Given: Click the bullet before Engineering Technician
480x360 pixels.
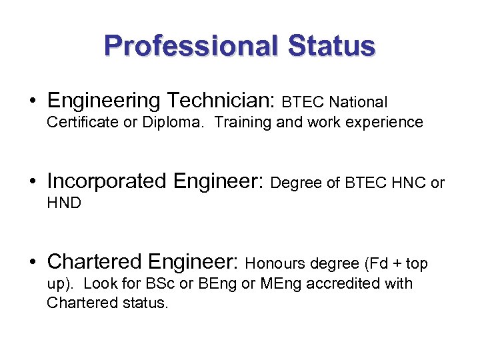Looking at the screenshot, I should coord(32,101).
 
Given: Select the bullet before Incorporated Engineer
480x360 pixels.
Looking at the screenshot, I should coord(32,181).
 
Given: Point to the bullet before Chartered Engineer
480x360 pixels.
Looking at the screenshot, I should coord(32,261).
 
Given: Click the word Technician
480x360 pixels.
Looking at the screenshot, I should coord(220,101).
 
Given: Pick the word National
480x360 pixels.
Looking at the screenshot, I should coord(358,103).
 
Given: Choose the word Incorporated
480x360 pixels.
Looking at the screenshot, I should coord(107,181).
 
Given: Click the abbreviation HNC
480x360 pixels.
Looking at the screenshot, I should coord(407,183).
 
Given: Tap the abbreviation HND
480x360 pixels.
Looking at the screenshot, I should coord(64,203).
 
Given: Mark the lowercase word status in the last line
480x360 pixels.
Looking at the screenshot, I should coord(145,303).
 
